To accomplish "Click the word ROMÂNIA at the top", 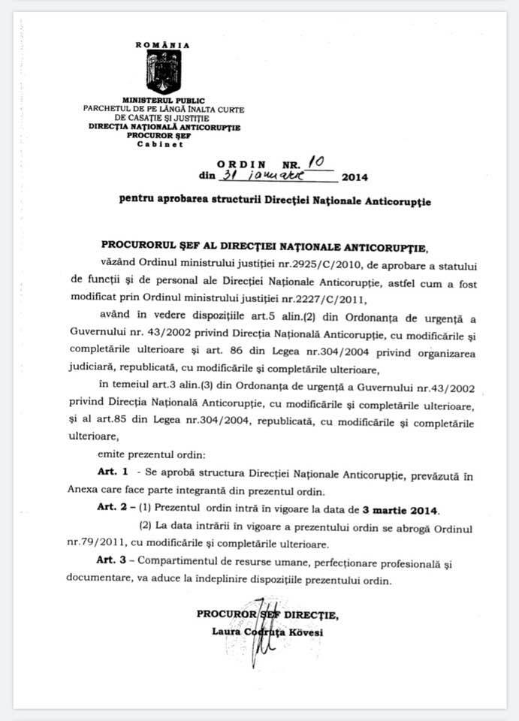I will click(162, 45).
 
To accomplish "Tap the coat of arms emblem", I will click(163, 71).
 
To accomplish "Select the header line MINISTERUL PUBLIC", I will click(163, 101).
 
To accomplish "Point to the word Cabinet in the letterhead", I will click(164, 143).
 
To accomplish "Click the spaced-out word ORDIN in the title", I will click(241, 164).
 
